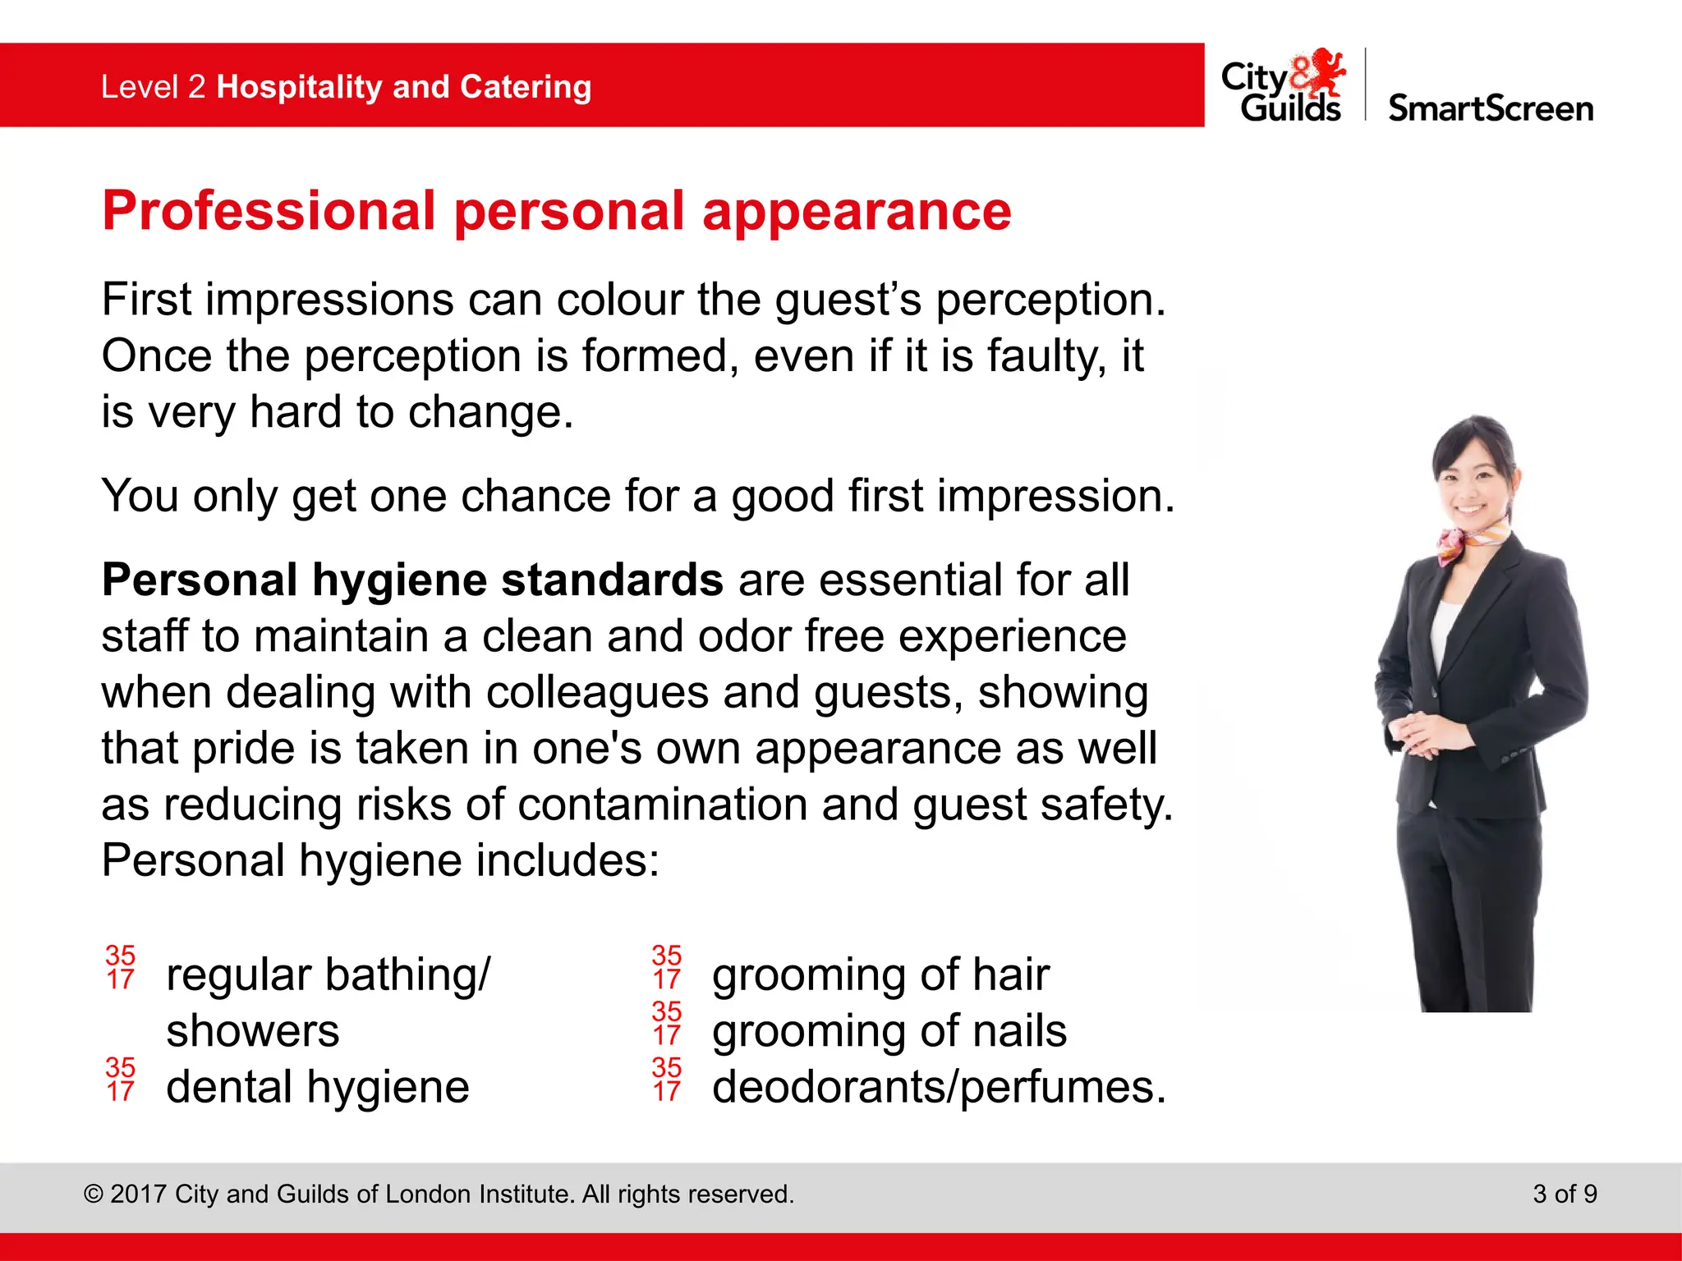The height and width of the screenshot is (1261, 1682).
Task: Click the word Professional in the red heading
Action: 269,212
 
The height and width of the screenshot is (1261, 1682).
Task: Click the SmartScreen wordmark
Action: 1490,108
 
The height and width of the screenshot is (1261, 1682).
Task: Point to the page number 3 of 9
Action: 1565,1194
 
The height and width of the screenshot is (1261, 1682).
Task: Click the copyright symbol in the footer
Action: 94,1195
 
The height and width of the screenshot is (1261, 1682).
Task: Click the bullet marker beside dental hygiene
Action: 121,1080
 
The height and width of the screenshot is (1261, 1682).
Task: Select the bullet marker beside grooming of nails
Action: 667,1023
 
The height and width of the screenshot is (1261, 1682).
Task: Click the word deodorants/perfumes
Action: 939,1088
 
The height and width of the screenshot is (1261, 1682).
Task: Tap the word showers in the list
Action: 252,1032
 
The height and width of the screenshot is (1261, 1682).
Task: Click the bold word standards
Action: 612,580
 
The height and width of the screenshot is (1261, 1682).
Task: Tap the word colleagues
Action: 597,693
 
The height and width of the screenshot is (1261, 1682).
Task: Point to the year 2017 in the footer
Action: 139,1195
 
